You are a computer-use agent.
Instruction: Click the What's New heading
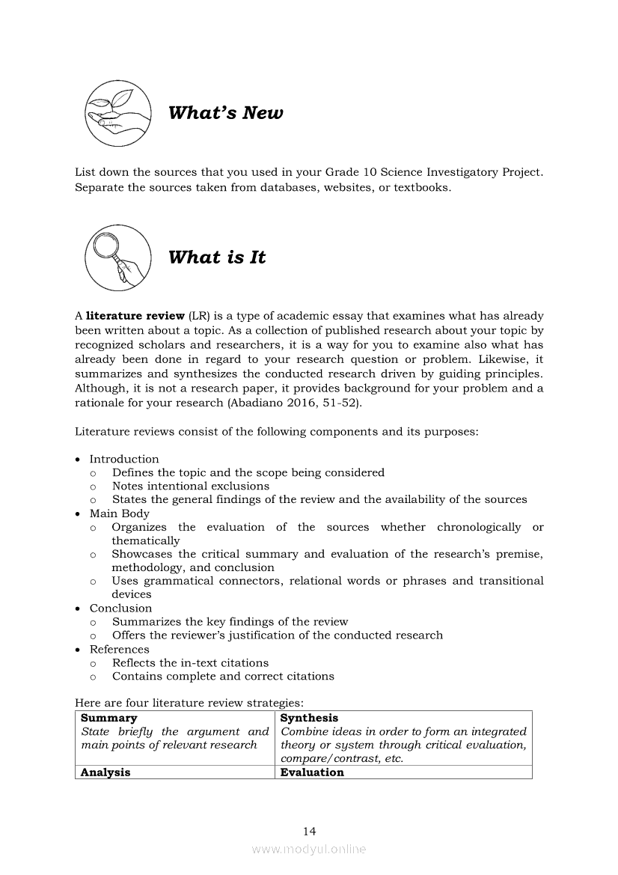click(225, 113)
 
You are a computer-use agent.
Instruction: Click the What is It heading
click(217, 257)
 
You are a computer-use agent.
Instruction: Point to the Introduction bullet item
click(124, 459)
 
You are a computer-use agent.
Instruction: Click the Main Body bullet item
click(120, 513)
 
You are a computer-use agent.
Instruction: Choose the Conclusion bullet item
click(120, 608)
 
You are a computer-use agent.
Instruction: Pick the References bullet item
click(120, 649)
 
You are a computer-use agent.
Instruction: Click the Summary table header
click(109, 718)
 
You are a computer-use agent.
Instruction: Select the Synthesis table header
click(309, 718)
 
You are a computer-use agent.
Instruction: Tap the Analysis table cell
click(105, 772)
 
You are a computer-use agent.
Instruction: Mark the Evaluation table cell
click(312, 772)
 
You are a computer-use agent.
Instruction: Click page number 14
click(309, 831)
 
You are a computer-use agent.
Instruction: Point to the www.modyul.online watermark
click(309, 849)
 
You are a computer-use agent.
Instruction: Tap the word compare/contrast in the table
click(330, 758)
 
